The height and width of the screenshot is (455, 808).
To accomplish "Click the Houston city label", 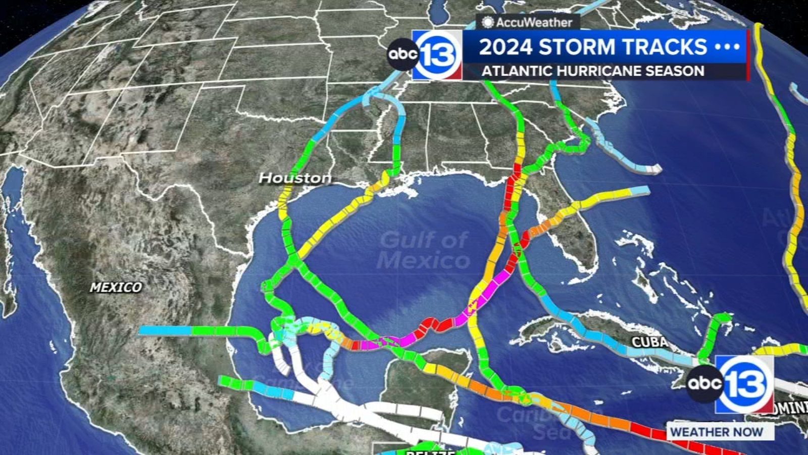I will [x=295, y=178].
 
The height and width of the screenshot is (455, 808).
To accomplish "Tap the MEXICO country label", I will [x=116, y=287].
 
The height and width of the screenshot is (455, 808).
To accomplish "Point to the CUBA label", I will [x=649, y=342].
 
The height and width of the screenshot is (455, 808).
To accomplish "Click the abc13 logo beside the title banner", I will [x=425, y=55].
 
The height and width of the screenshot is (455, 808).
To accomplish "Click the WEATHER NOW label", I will [x=716, y=432].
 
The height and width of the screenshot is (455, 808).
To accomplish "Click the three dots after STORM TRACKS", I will [x=728, y=47].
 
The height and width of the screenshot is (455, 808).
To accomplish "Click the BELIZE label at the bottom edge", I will [x=430, y=452].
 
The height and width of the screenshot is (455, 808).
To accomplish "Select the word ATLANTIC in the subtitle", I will [x=517, y=71].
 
